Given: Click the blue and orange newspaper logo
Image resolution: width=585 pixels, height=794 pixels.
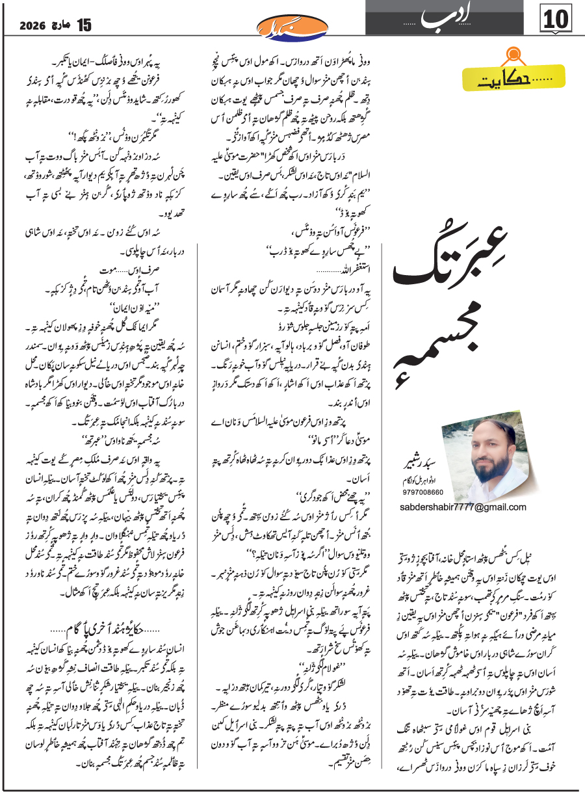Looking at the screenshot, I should [293, 27].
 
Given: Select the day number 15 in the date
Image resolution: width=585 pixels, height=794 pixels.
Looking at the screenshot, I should [84, 26].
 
